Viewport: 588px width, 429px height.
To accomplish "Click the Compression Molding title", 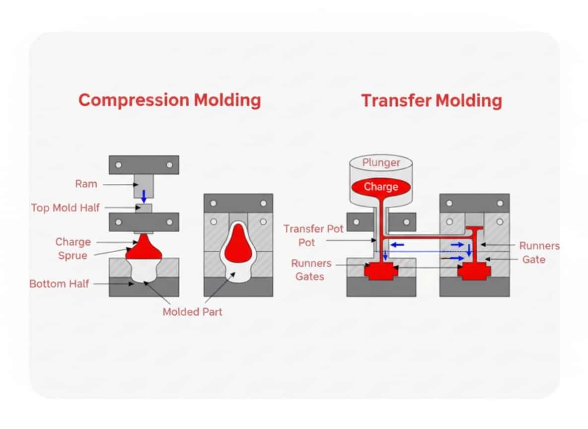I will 169,100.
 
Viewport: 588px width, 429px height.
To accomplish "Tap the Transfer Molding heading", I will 431,100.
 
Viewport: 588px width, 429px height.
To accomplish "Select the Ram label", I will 86,184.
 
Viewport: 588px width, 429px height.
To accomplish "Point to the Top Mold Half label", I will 65,208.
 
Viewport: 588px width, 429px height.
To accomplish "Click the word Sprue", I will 73,256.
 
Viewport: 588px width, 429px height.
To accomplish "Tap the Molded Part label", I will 192,312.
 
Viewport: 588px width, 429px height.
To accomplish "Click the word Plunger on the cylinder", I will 381,163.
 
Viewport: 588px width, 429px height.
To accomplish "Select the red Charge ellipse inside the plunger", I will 381,187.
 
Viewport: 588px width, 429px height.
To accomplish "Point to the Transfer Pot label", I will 313,229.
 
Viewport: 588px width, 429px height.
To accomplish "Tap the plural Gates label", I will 309,276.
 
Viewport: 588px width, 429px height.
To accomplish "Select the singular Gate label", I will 534,259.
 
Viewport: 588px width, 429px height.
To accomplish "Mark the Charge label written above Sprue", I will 73,242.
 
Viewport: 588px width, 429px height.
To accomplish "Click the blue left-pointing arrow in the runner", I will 396,245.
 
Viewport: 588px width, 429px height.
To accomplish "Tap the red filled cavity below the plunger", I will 381,271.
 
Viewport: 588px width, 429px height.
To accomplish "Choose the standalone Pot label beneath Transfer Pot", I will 306,243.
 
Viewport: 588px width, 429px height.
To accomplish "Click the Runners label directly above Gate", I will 539,246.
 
